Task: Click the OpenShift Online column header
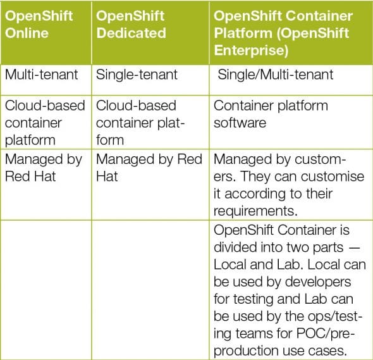39,24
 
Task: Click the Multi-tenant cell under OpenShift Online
42,75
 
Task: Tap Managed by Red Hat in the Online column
43,168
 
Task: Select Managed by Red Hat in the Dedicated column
149,168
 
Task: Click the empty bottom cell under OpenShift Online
46,288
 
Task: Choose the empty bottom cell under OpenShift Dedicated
150,288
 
